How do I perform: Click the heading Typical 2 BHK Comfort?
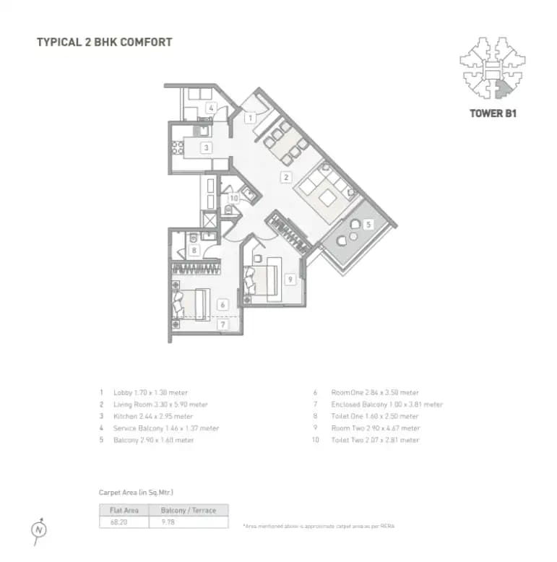pyautogui.click(x=104, y=42)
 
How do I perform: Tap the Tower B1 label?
pyautogui.click(x=493, y=113)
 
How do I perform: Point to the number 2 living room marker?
pyautogui.click(x=286, y=177)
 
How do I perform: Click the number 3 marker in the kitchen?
pyautogui.click(x=206, y=147)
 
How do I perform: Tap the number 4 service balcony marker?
pyautogui.click(x=210, y=108)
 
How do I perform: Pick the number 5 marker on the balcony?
pyautogui.click(x=368, y=225)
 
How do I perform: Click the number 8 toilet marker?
pyautogui.click(x=194, y=251)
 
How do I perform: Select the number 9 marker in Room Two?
pyautogui.click(x=289, y=279)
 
